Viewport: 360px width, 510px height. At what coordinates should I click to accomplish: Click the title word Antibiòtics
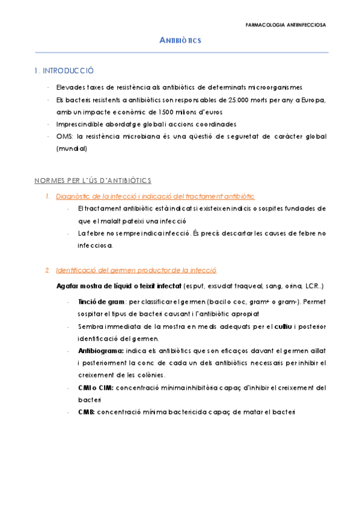[x=180, y=40]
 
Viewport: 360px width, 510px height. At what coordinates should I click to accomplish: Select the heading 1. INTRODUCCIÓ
[x=64, y=71]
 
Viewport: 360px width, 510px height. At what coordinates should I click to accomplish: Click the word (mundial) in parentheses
[x=72, y=149]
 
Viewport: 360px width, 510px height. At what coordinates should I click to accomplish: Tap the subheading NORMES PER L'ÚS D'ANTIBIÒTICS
[x=93, y=180]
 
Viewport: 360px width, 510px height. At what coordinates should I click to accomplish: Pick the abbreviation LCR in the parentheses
[x=311, y=284]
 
